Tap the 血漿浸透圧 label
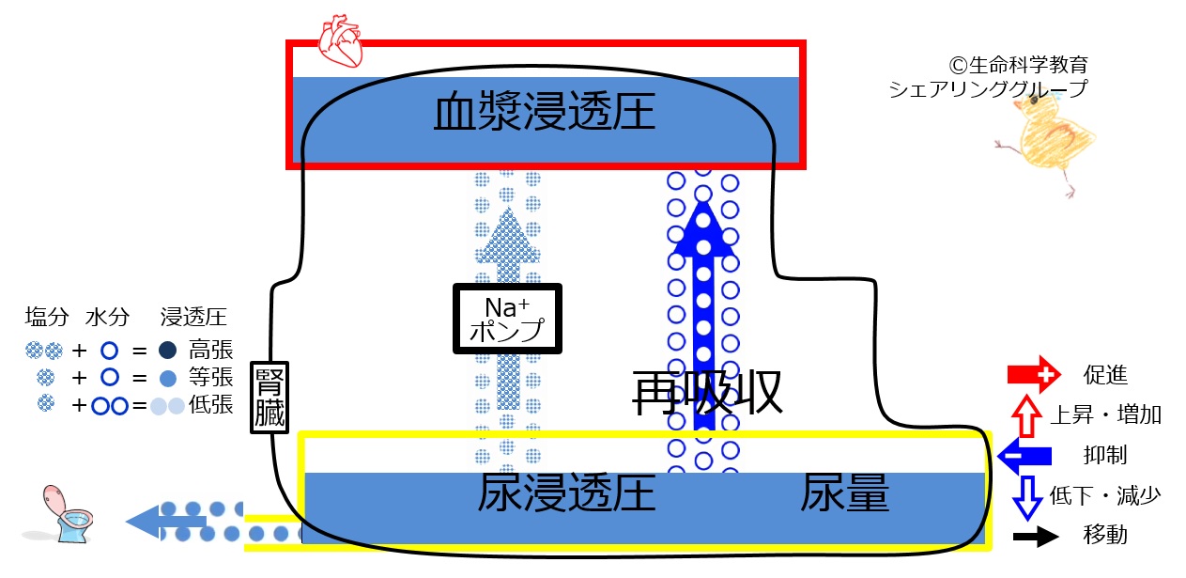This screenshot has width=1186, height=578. [544, 114]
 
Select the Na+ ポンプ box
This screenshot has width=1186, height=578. [507, 320]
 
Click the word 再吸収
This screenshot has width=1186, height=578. [707, 393]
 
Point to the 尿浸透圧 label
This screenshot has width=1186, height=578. [565, 492]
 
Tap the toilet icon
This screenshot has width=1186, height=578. [68, 514]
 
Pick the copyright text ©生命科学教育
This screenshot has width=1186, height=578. [1019, 66]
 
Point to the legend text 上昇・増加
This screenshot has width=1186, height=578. [1106, 415]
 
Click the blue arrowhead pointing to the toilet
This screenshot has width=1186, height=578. [143, 520]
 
